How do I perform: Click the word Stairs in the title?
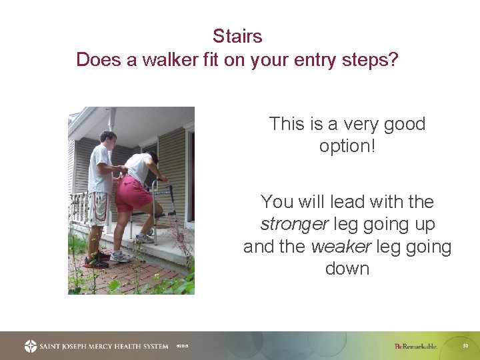point(237,36)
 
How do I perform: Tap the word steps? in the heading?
point(369,60)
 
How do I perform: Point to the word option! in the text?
point(347,146)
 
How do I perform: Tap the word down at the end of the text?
point(347,269)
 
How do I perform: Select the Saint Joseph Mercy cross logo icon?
point(31,346)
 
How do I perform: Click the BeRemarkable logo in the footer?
point(415,346)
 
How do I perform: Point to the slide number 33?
point(465,345)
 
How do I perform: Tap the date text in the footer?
point(182,347)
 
